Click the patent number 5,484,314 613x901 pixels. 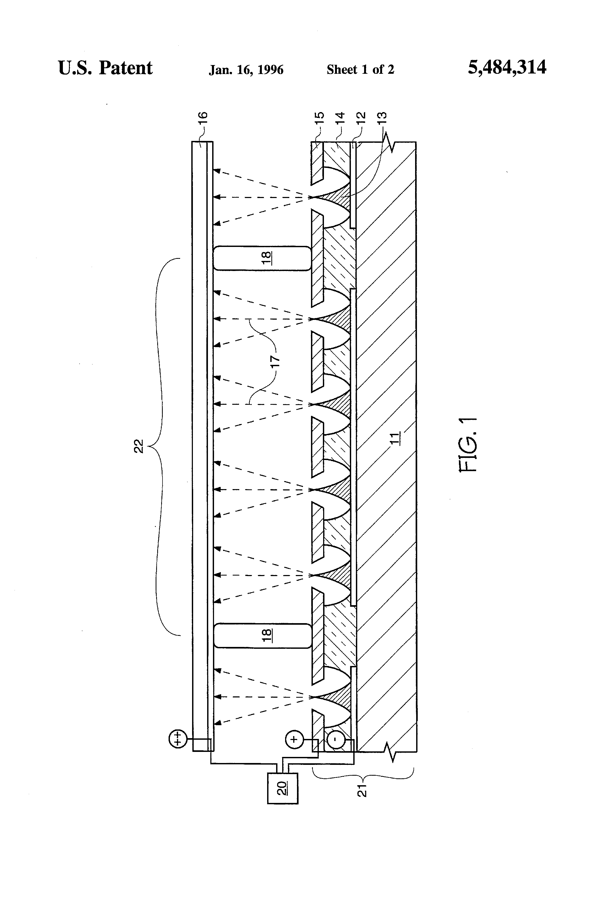click(507, 67)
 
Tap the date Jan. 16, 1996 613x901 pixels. click(246, 70)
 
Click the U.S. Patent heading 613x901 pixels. click(105, 68)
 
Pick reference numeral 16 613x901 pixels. click(204, 117)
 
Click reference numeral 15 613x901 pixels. click(320, 117)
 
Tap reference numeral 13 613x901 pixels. click(382, 117)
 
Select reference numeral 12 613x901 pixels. click(360, 117)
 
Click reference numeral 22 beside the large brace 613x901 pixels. click(139, 446)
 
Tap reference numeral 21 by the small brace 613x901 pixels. click(362, 790)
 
